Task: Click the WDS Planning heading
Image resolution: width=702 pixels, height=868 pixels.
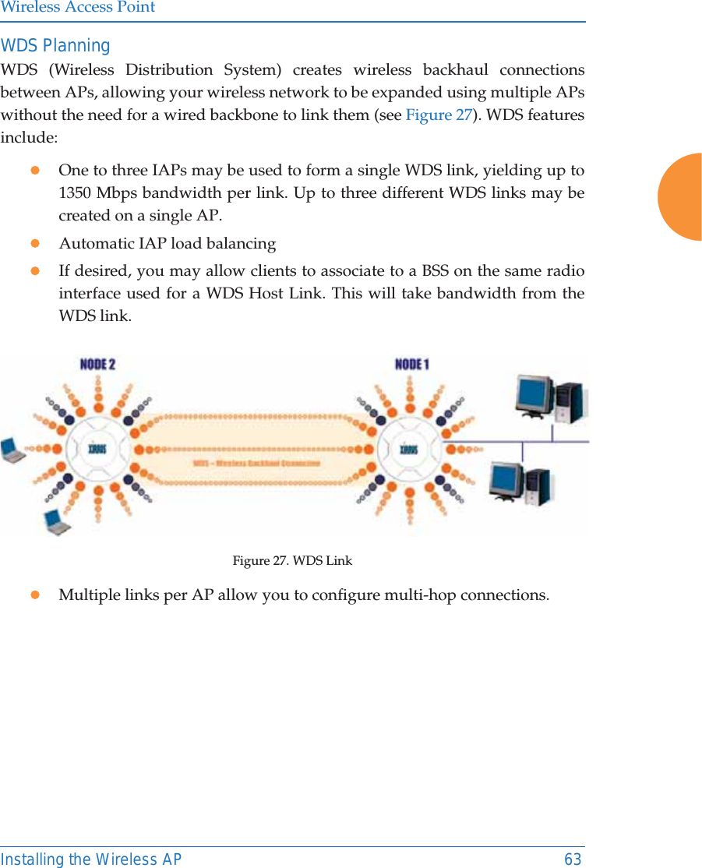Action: pos(55,46)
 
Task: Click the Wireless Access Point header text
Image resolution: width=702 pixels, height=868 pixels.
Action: pos(78,8)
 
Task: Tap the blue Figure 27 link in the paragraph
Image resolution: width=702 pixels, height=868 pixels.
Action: pos(439,115)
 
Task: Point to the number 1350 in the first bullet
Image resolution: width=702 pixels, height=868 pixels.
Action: pos(77,192)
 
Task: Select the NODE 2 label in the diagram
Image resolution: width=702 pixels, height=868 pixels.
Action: pos(98,365)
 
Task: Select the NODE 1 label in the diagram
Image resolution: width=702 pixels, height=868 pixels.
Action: pos(412,365)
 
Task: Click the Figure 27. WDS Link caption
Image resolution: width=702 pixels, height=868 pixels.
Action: pos(292,561)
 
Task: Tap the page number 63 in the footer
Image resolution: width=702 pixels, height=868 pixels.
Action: pos(573,859)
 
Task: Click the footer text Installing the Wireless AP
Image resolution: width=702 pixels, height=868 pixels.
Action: pos(91,859)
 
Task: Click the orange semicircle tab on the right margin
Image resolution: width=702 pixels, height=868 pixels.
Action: pos(682,197)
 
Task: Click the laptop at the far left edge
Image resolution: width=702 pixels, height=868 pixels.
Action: pos(12,450)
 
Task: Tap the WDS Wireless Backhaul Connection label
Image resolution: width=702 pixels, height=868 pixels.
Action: pos(256,463)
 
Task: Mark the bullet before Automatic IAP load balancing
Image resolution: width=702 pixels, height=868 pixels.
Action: pos(34,244)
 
